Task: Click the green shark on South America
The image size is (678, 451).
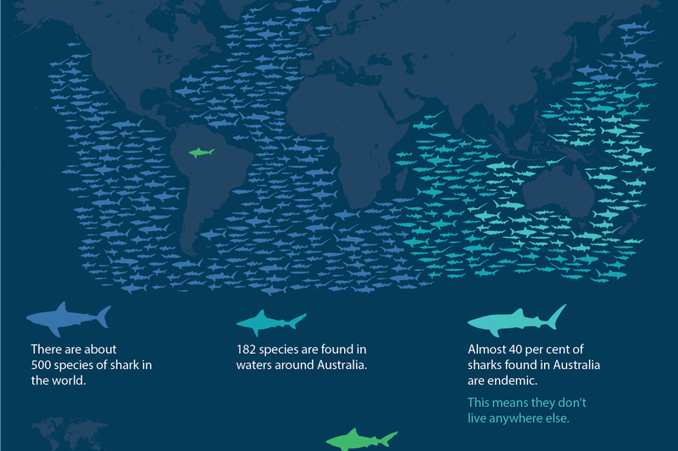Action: point(200,152)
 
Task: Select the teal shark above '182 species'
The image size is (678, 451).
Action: point(270,322)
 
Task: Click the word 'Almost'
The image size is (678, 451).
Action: point(486,349)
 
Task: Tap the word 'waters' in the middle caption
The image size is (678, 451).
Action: point(254,365)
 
